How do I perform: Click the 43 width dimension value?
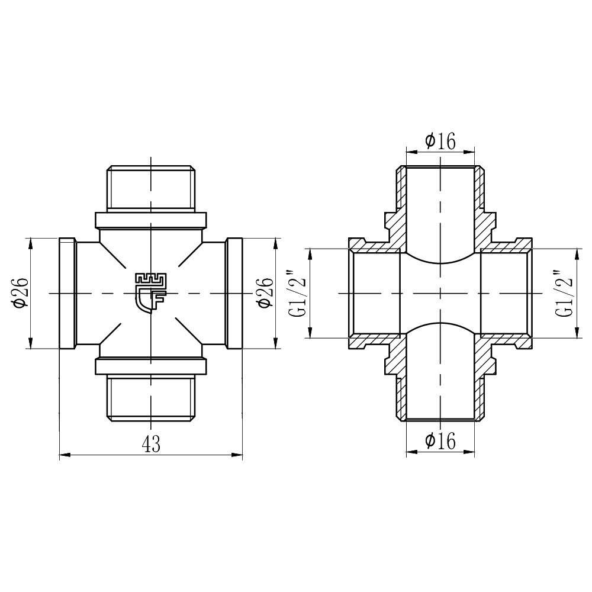pos(152,444)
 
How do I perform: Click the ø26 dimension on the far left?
pos(20,292)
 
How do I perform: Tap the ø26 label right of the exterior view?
pos(266,292)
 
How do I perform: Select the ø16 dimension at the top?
pos(440,141)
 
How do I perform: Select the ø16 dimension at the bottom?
pos(440,441)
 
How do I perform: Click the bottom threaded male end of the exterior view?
pos(151,398)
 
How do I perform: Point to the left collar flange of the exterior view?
pos(67,293)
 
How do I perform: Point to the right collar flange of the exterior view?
pos(234,293)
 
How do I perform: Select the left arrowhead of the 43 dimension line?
pos(64,455)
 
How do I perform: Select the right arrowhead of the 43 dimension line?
pos(238,455)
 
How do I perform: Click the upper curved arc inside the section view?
pos(440,261)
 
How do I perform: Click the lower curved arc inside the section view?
pos(440,325)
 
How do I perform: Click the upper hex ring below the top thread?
pos(151,220)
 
